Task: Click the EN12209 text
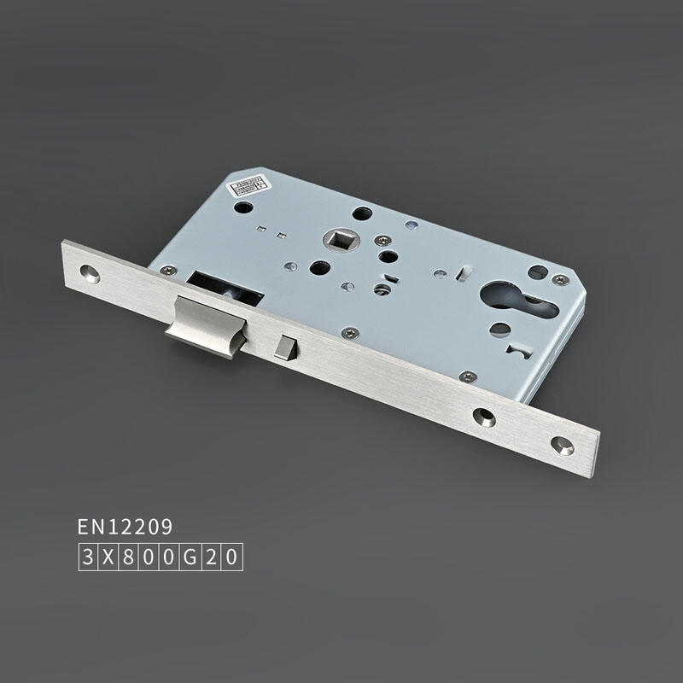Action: (x=125, y=526)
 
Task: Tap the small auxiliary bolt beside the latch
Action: (x=283, y=347)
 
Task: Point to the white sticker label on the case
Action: (x=247, y=185)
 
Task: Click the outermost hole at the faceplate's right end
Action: (x=561, y=444)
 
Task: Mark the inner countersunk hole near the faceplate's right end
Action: (x=485, y=417)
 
